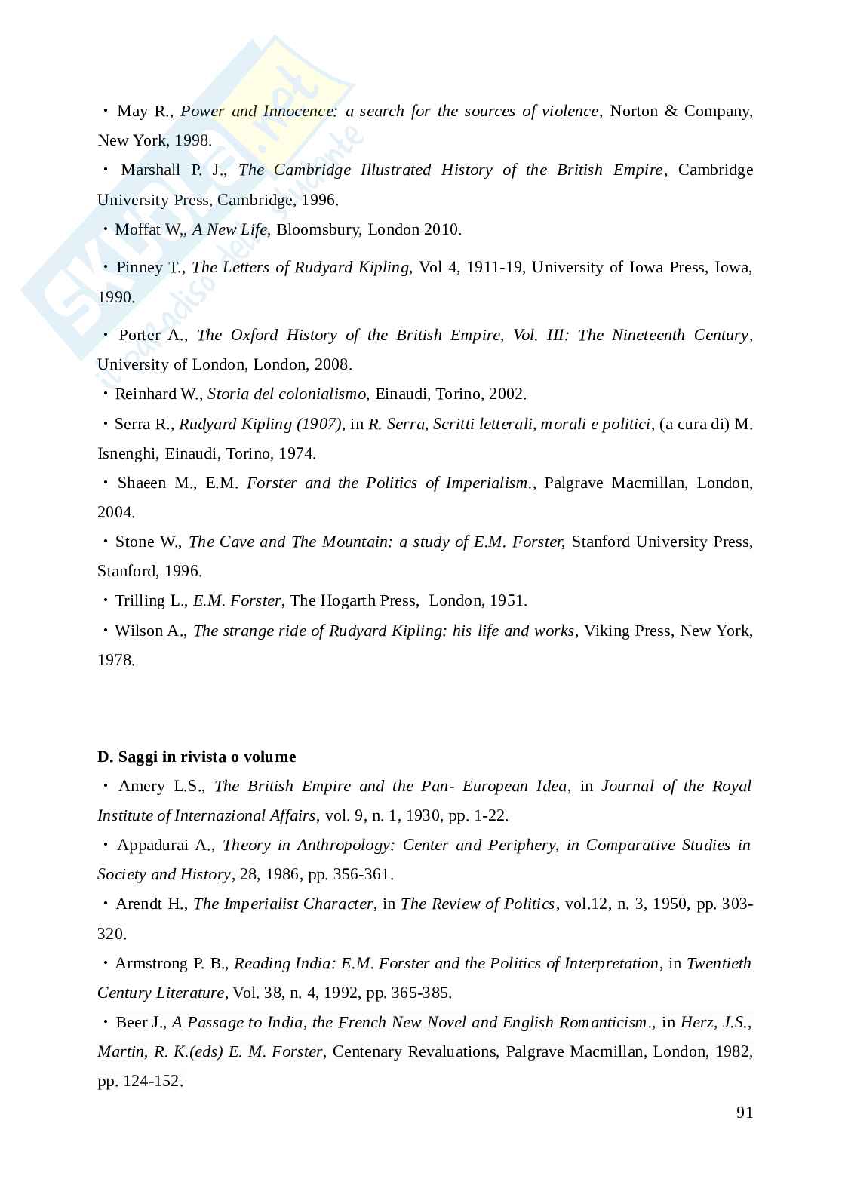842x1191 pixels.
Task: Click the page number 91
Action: tap(744, 1113)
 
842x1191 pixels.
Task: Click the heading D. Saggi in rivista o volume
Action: tap(197, 757)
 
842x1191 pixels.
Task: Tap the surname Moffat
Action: tap(137, 229)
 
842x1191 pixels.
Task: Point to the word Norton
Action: tap(634, 111)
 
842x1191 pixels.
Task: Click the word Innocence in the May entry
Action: tap(298, 111)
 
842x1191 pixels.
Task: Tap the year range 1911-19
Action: tap(495, 267)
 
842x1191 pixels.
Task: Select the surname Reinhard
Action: tap(146, 394)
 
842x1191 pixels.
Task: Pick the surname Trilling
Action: tap(139, 600)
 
